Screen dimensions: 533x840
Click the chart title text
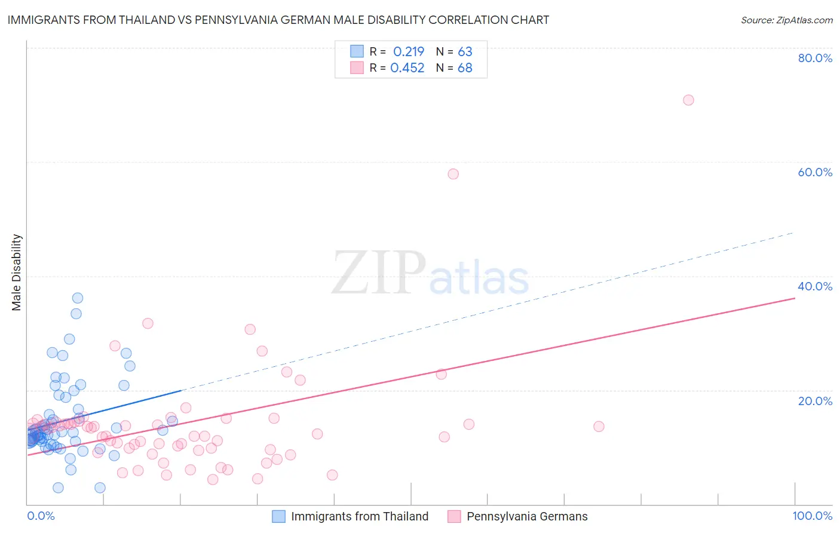click(x=278, y=20)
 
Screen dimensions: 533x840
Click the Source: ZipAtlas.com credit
click(x=786, y=20)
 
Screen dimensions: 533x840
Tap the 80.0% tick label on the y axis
click(x=814, y=58)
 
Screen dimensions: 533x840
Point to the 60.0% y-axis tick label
click(x=814, y=172)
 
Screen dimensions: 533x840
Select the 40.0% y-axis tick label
click(x=814, y=286)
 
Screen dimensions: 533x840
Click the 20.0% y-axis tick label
click(x=814, y=400)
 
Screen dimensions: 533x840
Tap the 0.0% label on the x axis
click(x=41, y=516)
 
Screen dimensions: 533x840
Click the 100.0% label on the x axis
click(x=812, y=516)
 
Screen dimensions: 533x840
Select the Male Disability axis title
click(x=17, y=272)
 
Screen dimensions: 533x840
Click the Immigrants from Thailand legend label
click(x=360, y=516)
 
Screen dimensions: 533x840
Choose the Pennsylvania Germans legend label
click(x=527, y=516)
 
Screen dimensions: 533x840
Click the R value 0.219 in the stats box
click(x=409, y=52)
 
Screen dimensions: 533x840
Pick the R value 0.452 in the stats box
click(x=407, y=68)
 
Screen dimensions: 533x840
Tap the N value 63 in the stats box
click(x=465, y=52)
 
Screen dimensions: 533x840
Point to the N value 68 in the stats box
click(x=465, y=68)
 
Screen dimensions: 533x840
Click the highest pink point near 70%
click(x=688, y=100)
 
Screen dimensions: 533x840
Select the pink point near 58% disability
click(x=453, y=174)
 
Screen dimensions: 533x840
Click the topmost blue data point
click(x=78, y=298)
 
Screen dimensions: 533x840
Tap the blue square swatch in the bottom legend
click(x=278, y=516)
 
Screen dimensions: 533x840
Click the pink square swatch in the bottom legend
click(x=454, y=516)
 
